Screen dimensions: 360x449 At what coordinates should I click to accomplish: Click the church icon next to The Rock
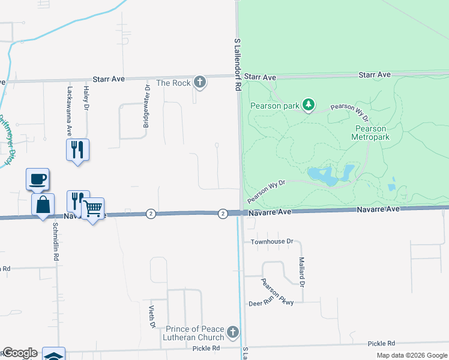coord(200,83)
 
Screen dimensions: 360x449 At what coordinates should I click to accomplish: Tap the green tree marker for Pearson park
coord(308,106)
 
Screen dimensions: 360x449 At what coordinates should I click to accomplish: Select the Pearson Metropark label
coord(373,133)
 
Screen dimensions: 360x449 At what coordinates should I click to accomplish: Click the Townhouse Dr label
coord(273,241)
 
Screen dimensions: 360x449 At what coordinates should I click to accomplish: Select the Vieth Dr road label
coord(152,316)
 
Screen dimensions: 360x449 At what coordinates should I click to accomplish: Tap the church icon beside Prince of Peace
coord(233,332)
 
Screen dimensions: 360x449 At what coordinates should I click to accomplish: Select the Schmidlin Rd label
coord(55,240)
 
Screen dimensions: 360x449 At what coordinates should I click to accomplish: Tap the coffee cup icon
coord(37,179)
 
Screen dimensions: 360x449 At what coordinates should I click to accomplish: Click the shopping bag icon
coord(43,205)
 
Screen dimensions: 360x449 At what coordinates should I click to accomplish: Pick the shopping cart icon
coord(92,209)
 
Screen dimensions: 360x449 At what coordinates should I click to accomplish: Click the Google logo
coord(20,353)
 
